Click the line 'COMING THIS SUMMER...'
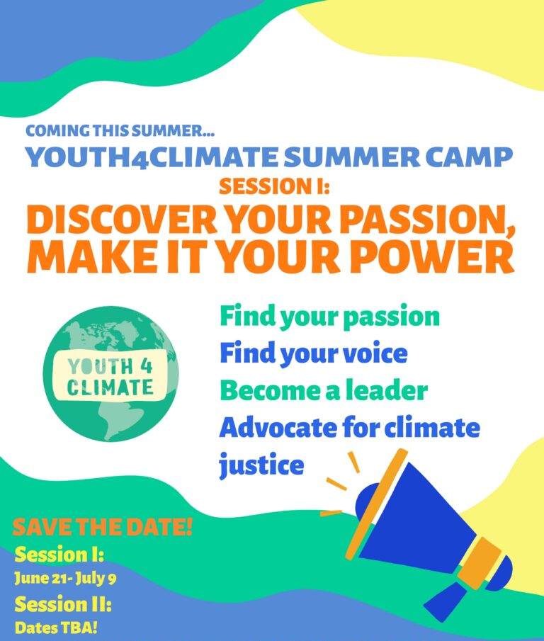click(120, 131)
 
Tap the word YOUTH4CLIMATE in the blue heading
click(152, 157)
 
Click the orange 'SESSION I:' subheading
click(274, 186)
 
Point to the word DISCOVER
click(122, 220)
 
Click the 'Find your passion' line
click(330, 317)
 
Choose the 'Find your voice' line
click(314, 353)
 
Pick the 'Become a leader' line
click(324, 390)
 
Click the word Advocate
click(278, 427)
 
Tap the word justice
click(261, 465)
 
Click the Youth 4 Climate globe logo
click(110, 374)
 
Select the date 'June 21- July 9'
click(65, 578)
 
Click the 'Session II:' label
click(63, 603)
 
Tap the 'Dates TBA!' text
click(56, 628)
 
